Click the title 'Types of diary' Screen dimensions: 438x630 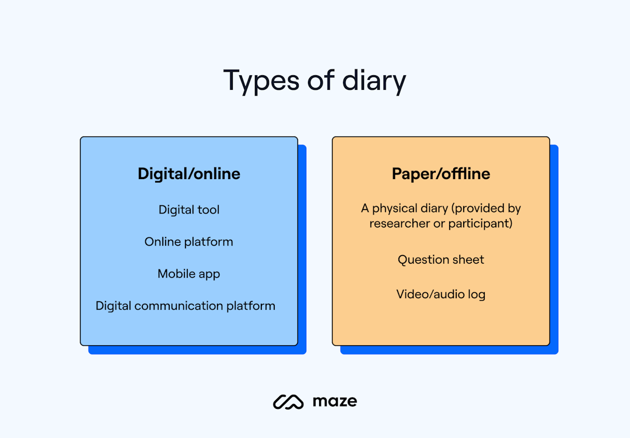click(314, 81)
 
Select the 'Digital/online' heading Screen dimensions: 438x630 click(189, 174)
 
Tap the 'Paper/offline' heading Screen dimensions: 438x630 click(441, 174)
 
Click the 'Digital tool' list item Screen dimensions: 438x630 click(189, 209)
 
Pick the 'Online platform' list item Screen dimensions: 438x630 click(189, 241)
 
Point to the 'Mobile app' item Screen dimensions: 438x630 click(189, 274)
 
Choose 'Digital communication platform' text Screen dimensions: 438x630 click(185, 306)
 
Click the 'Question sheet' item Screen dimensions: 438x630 click(441, 260)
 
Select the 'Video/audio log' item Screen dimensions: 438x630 click(441, 294)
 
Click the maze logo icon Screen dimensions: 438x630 click(288, 402)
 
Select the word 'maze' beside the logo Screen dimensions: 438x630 click(335, 401)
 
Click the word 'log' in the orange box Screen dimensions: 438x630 click(477, 295)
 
